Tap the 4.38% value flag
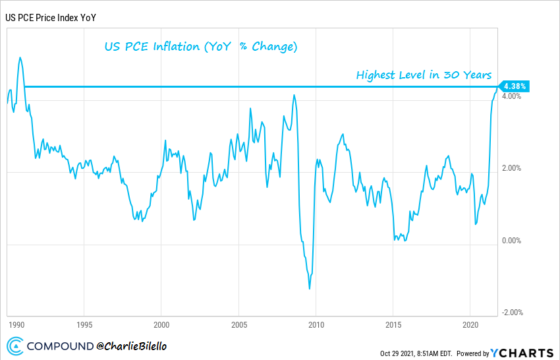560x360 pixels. tap(514, 86)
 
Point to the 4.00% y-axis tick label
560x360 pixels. tap(511, 96)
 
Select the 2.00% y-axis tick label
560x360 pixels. tap(511, 168)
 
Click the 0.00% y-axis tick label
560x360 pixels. tap(511, 241)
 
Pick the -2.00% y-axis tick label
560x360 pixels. tap(511, 313)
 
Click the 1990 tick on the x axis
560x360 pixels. tap(16, 324)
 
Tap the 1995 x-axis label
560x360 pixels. tap(84, 324)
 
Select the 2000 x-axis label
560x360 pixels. tap(161, 324)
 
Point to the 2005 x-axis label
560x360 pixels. tap(238, 324)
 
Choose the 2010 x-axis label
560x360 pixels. tap(316, 324)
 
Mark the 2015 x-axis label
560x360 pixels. tap(393, 324)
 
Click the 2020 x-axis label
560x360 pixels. tap(470, 324)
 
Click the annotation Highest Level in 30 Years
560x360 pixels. tap(424, 75)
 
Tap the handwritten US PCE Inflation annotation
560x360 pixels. tap(202, 47)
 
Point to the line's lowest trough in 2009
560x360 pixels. tap(310, 288)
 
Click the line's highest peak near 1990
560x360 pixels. tap(20, 57)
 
